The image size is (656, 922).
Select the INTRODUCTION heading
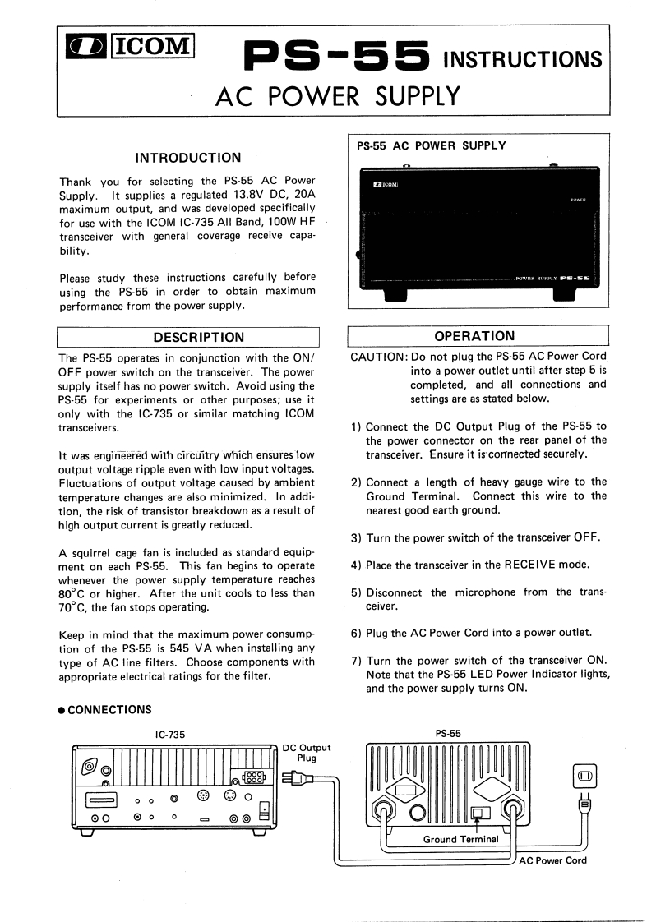coord(187,158)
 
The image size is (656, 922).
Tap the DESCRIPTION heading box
coord(187,337)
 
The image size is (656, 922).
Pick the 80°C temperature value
coord(76,593)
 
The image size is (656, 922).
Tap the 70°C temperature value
coord(76,608)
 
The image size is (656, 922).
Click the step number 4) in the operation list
coord(356,565)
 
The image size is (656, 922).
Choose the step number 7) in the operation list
coord(356,661)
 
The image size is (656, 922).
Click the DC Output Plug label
coord(306,753)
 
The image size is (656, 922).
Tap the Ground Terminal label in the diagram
coord(460,839)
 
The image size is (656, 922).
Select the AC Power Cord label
coord(552,860)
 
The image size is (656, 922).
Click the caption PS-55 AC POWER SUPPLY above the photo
coord(432,146)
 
